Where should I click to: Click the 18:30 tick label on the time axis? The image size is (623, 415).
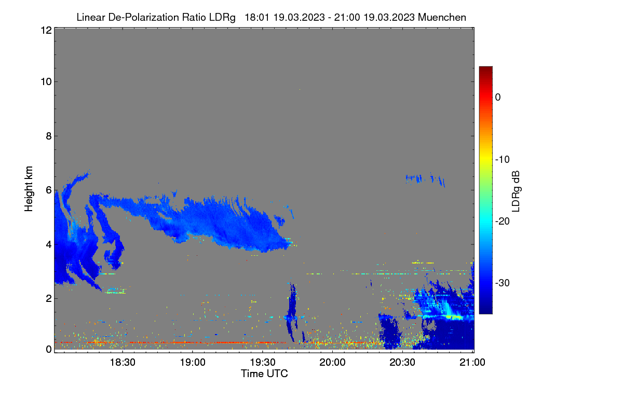[x=123, y=362]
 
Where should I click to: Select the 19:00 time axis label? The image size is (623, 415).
[x=193, y=362]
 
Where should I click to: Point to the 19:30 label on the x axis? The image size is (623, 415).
[x=263, y=362]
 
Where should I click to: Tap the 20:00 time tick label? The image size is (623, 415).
[x=332, y=362]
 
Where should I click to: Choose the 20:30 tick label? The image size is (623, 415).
[x=402, y=362]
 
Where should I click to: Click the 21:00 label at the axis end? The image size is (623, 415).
[x=472, y=362]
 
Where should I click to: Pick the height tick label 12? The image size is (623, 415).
[x=46, y=30]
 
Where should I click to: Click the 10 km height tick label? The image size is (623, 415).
[x=46, y=82]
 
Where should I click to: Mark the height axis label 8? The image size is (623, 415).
[x=49, y=136]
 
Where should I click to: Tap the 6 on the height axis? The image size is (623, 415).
[x=49, y=190]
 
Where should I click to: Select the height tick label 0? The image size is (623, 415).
[x=49, y=349]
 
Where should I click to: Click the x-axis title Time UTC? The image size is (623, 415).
[x=264, y=374]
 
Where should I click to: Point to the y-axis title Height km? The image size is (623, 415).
[x=29, y=189]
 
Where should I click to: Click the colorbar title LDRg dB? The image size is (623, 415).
[x=516, y=191]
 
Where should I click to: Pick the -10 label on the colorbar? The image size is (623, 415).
[x=503, y=159]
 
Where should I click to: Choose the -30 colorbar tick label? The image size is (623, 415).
[x=503, y=283]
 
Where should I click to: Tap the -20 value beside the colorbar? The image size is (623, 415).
[x=503, y=222]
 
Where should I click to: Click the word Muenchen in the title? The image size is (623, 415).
[x=442, y=17]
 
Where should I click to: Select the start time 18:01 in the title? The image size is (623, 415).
[x=257, y=17]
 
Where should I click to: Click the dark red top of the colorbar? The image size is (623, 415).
[x=485, y=68]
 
